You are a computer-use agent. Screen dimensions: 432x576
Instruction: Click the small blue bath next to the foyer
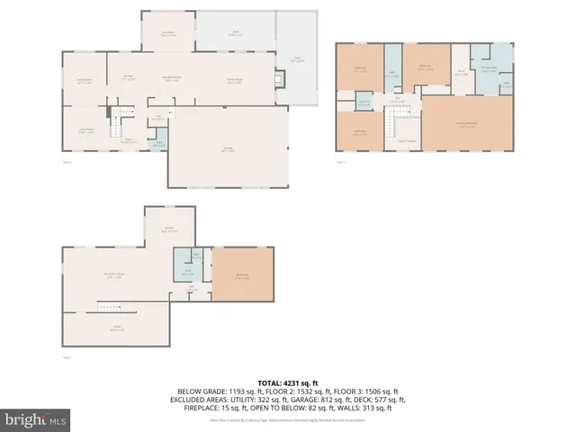159,143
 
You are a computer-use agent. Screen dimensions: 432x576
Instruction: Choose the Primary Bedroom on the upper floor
467,125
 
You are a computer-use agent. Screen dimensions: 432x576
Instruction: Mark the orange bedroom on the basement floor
241,277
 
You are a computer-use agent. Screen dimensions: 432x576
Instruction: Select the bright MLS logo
35,419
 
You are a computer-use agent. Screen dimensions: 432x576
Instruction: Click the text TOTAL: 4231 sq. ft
288,382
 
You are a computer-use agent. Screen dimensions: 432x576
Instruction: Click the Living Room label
85,130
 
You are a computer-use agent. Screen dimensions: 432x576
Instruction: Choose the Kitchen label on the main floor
129,78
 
